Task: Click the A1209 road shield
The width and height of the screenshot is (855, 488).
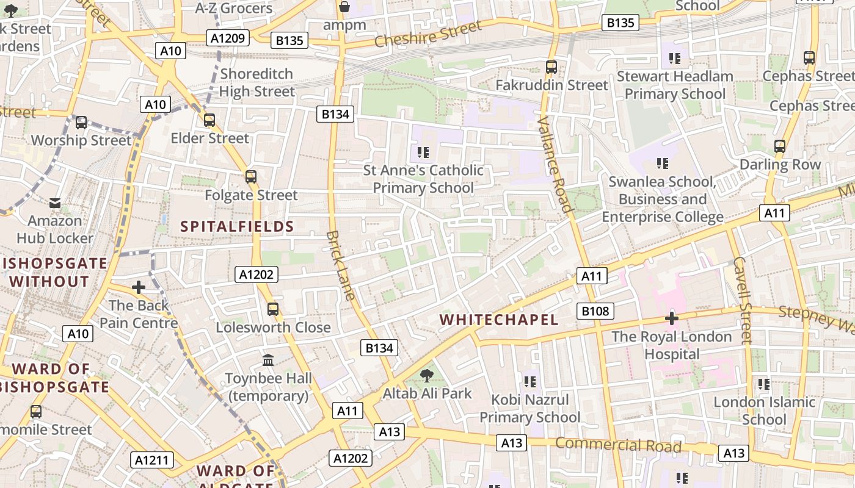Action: click(x=228, y=38)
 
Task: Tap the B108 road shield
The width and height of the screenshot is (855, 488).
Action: click(x=595, y=311)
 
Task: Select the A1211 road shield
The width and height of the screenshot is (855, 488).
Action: click(x=153, y=460)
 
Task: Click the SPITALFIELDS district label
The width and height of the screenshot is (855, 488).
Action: click(x=238, y=227)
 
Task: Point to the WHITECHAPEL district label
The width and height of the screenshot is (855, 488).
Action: click(x=499, y=320)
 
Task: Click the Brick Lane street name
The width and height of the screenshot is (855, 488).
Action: click(x=341, y=265)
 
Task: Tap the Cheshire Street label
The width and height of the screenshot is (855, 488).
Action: click(x=428, y=34)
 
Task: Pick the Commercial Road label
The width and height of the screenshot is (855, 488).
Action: click(x=618, y=444)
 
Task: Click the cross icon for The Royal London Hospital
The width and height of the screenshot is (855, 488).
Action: click(x=672, y=318)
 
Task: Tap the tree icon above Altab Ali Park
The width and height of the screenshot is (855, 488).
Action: click(x=427, y=376)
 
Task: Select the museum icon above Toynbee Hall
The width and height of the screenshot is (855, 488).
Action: click(x=268, y=360)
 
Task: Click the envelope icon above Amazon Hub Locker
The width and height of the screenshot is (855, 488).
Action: click(x=55, y=203)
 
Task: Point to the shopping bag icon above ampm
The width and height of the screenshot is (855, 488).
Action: click(x=344, y=7)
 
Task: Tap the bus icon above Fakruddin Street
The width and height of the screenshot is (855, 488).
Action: click(x=551, y=67)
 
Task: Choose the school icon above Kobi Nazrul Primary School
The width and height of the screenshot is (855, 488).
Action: click(x=529, y=382)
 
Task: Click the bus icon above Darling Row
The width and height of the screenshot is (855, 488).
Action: click(x=780, y=146)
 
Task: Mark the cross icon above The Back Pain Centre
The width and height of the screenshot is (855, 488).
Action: click(x=139, y=287)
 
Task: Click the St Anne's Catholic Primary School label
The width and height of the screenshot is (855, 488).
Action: click(x=423, y=179)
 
